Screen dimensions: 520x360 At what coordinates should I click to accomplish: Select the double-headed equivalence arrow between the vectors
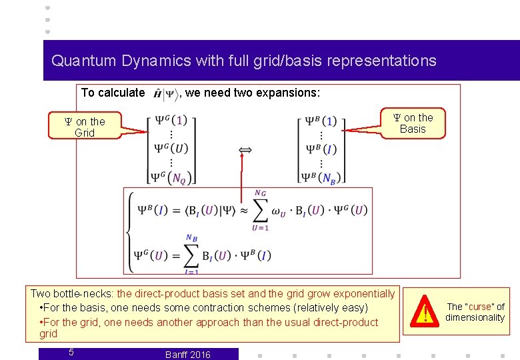[245, 151]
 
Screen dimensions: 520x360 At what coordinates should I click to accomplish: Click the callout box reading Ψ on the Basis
[413, 123]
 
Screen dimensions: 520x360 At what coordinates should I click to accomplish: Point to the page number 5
[71, 352]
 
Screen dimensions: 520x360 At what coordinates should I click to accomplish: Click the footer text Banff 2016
[187, 355]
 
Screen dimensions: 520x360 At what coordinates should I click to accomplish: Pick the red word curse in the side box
[480, 307]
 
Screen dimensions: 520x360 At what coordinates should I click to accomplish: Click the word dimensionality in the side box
[475, 317]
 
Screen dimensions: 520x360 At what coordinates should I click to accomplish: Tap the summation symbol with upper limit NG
[261, 211]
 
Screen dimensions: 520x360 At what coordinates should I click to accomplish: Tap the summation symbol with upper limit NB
[191, 254]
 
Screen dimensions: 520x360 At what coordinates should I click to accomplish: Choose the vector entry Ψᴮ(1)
[321, 121]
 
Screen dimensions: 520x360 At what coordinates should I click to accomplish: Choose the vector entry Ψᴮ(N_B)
[321, 177]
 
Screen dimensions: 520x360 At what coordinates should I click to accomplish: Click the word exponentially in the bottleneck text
[365, 293]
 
